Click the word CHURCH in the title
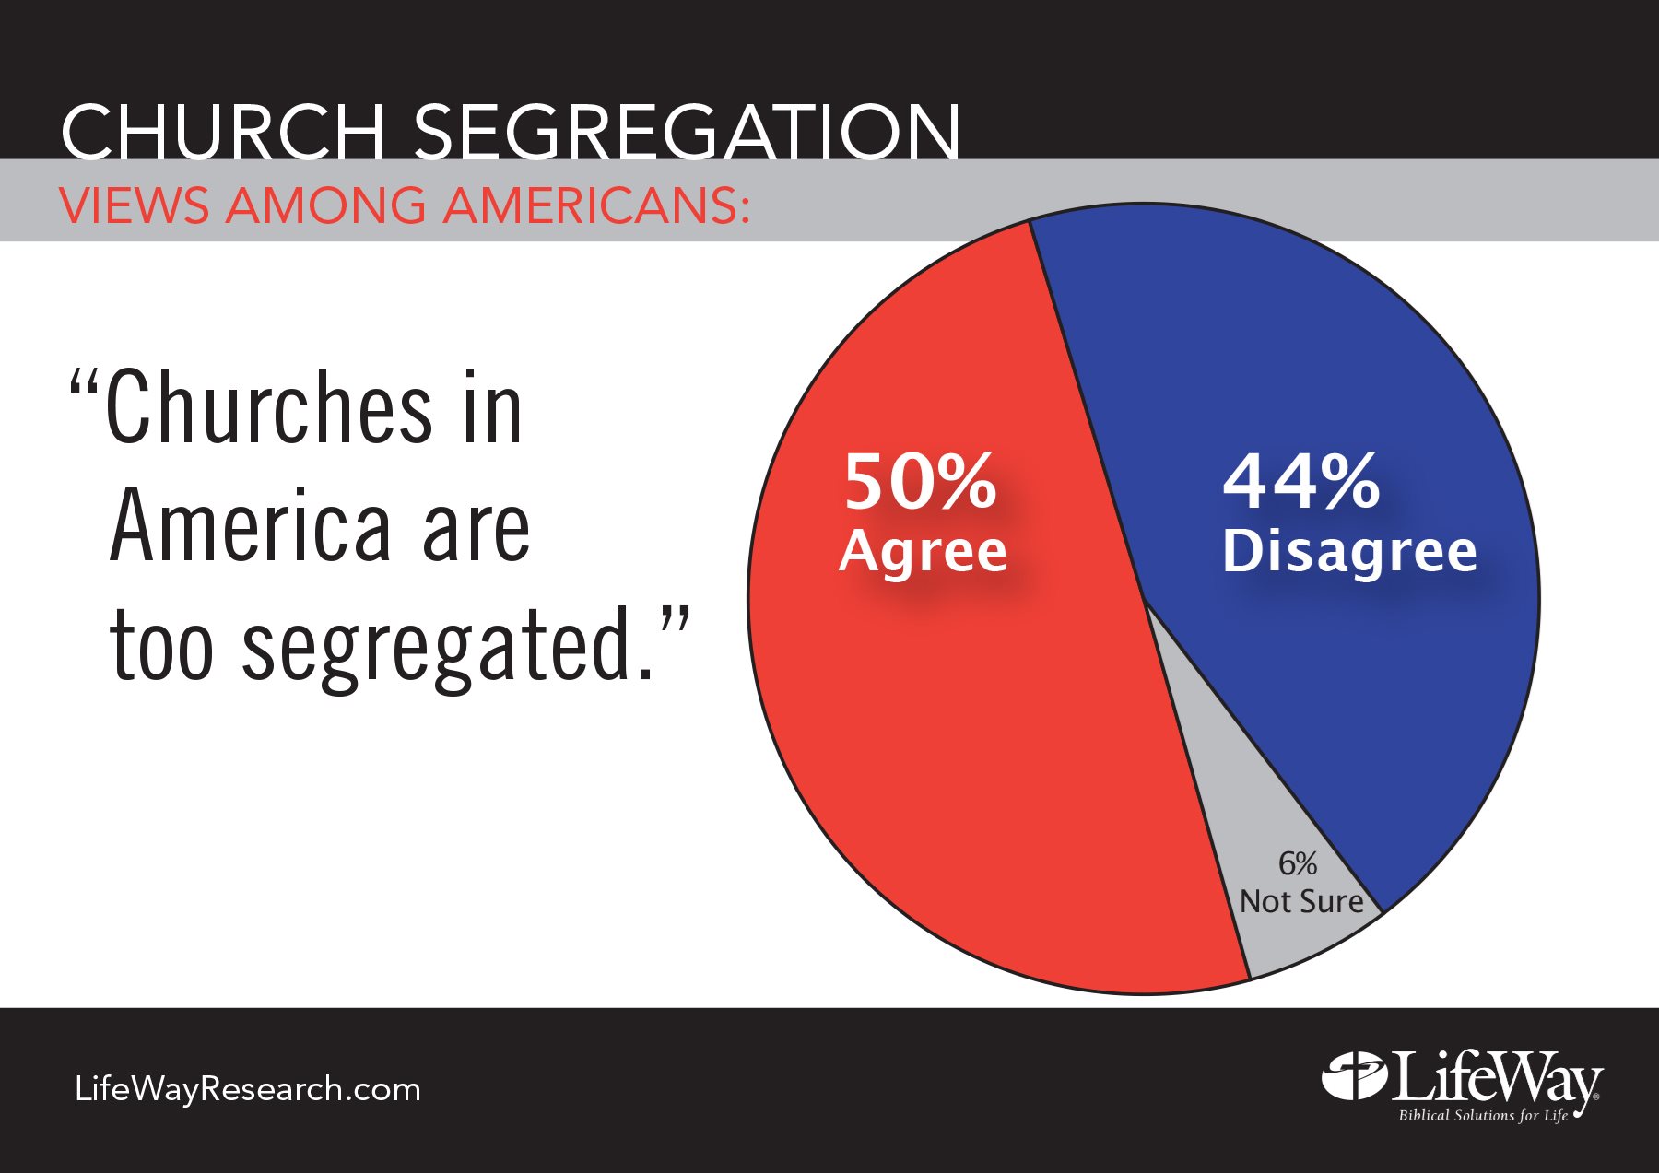[x=222, y=131]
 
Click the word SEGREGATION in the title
[x=686, y=131]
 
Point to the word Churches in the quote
[x=268, y=408]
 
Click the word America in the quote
[x=250, y=526]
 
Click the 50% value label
[x=920, y=481]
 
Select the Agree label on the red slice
[x=923, y=551]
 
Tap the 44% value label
[x=1300, y=481]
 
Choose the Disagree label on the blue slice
[x=1349, y=551]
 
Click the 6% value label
[x=1297, y=863]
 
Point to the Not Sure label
[x=1300, y=901]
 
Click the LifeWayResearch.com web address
[x=247, y=1089]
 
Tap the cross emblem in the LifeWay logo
[x=1354, y=1075]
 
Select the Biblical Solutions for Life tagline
[x=1482, y=1116]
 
